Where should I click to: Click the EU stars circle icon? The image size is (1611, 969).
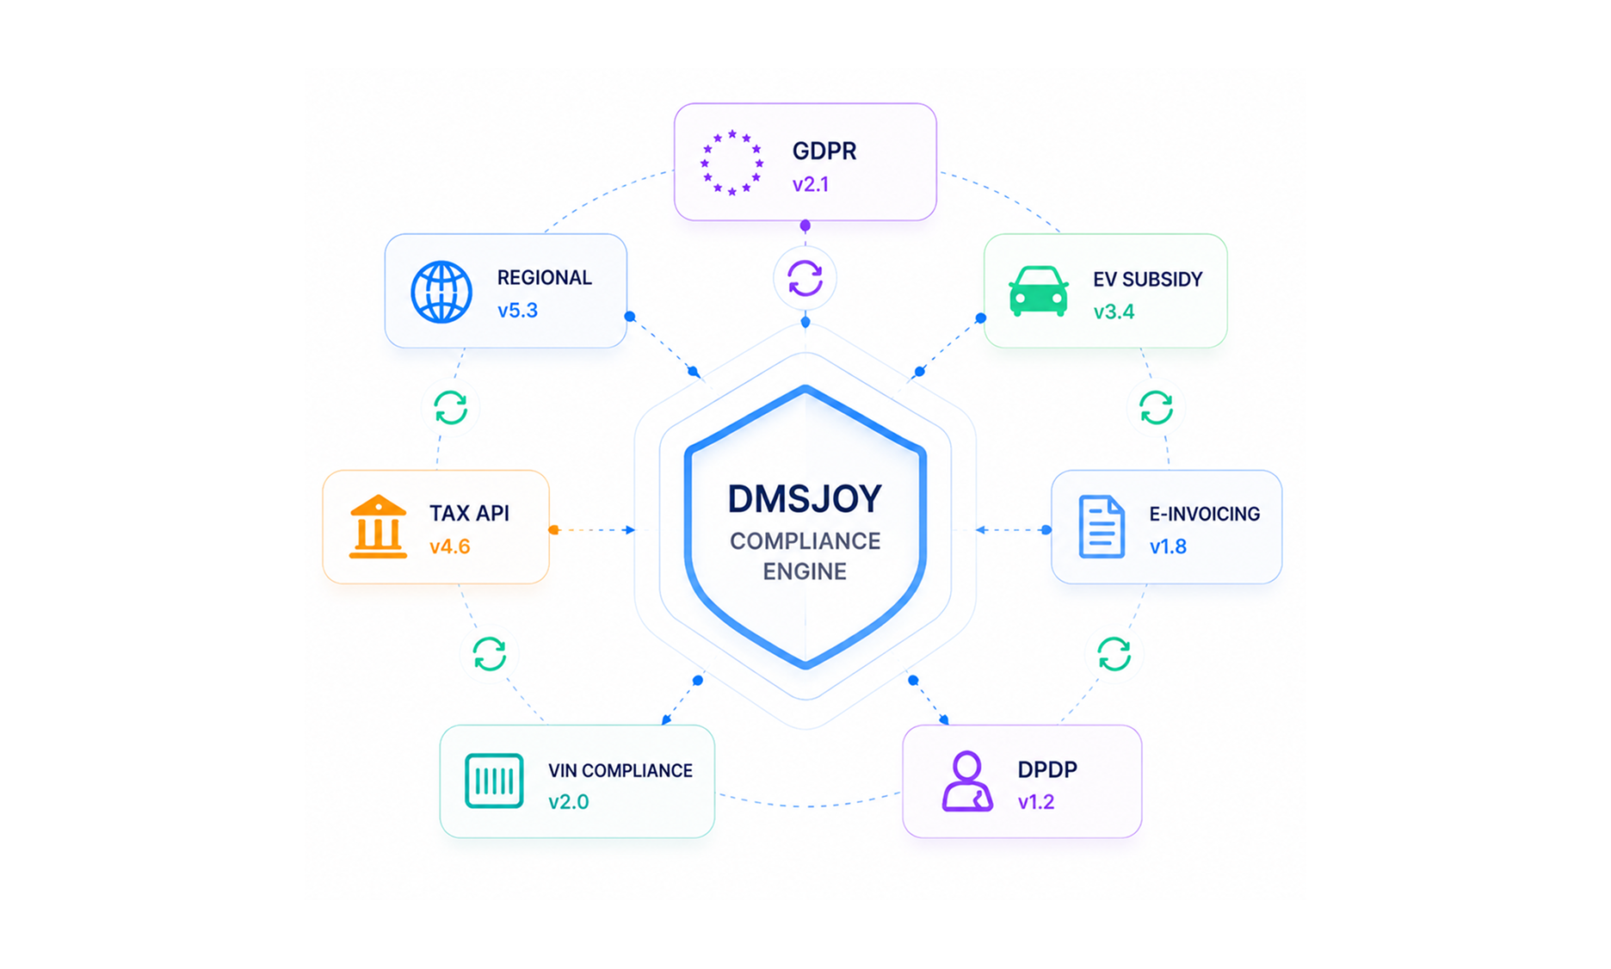point(731,163)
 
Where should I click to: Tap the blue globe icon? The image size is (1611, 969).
point(441,292)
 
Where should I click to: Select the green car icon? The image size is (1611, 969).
point(1039,291)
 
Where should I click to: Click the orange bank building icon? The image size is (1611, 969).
point(378,527)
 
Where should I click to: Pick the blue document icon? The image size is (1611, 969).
point(1102,527)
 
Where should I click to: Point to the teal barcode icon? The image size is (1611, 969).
point(494,781)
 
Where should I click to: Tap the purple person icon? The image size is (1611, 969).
point(967,781)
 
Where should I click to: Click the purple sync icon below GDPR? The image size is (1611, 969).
point(805,278)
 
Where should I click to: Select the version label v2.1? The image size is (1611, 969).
point(811,184)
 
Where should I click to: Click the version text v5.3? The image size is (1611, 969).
point(517,311)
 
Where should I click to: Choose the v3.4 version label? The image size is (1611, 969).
point(1114,312)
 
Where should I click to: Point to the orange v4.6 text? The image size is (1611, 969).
point(450,546)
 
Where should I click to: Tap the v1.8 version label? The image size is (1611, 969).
point(1168,546)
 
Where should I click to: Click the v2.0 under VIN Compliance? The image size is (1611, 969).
point(569,802)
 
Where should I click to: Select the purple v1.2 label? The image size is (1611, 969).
point(1036,802)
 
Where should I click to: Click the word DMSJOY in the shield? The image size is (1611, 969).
point(805,499)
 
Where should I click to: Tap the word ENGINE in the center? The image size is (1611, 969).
point(805,571)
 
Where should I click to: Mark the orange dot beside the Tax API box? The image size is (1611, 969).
point(554,530)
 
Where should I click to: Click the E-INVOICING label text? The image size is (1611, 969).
point(1205,514)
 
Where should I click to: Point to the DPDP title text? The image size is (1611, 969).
point(1047,769)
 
